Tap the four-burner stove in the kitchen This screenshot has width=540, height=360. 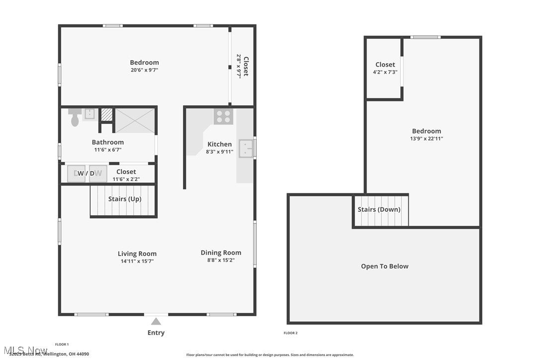[x=223, y=116]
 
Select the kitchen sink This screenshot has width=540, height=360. [x=246, y=148]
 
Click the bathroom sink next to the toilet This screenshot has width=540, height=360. [x=90, y=114]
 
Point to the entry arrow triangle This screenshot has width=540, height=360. [x=156, y=321]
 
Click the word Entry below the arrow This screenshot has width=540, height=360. [x=156, y=333]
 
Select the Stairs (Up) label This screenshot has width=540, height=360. [x=125, y=199]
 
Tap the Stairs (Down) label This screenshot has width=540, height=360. [x=379, y=209]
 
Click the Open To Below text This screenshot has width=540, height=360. [x=384, y=266]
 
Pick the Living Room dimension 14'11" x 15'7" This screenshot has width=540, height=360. [x=137, y=261]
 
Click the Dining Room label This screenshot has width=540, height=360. [x=221, y=253]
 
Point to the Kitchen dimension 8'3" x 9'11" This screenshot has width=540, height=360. [x=219, y=152]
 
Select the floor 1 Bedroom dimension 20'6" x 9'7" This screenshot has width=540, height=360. [x=144, y=70]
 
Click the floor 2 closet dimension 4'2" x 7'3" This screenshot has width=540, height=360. [x=385, y=72]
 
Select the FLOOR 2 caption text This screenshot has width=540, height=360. [x=290, y=333]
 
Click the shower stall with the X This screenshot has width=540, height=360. [x=135, y=120]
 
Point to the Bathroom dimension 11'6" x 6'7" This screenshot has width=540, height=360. [x=107, y=150]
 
